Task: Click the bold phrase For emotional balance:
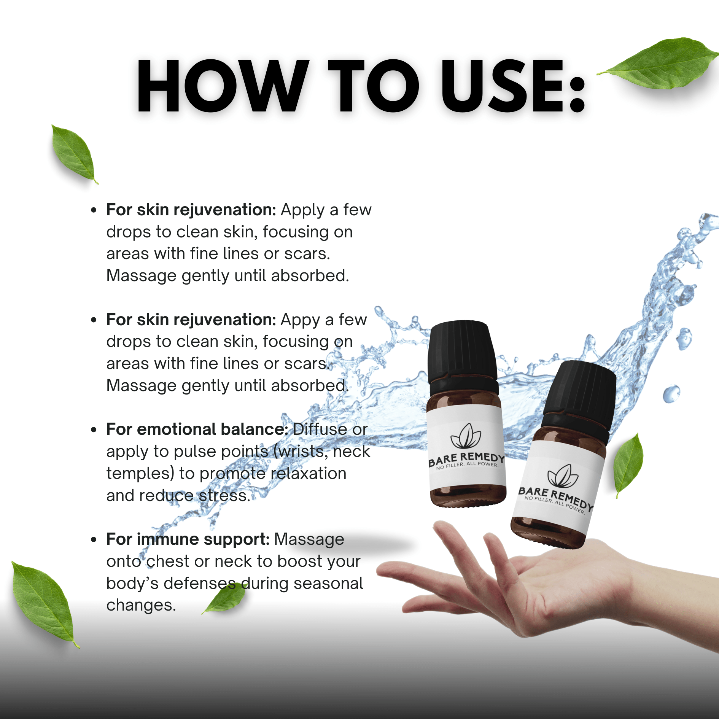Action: pos(197,429)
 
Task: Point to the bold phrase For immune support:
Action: pos(188,539)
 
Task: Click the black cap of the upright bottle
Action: pos(462,352)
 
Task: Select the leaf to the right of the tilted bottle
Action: pos(628,464)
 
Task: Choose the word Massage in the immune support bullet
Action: pos(309,539)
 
